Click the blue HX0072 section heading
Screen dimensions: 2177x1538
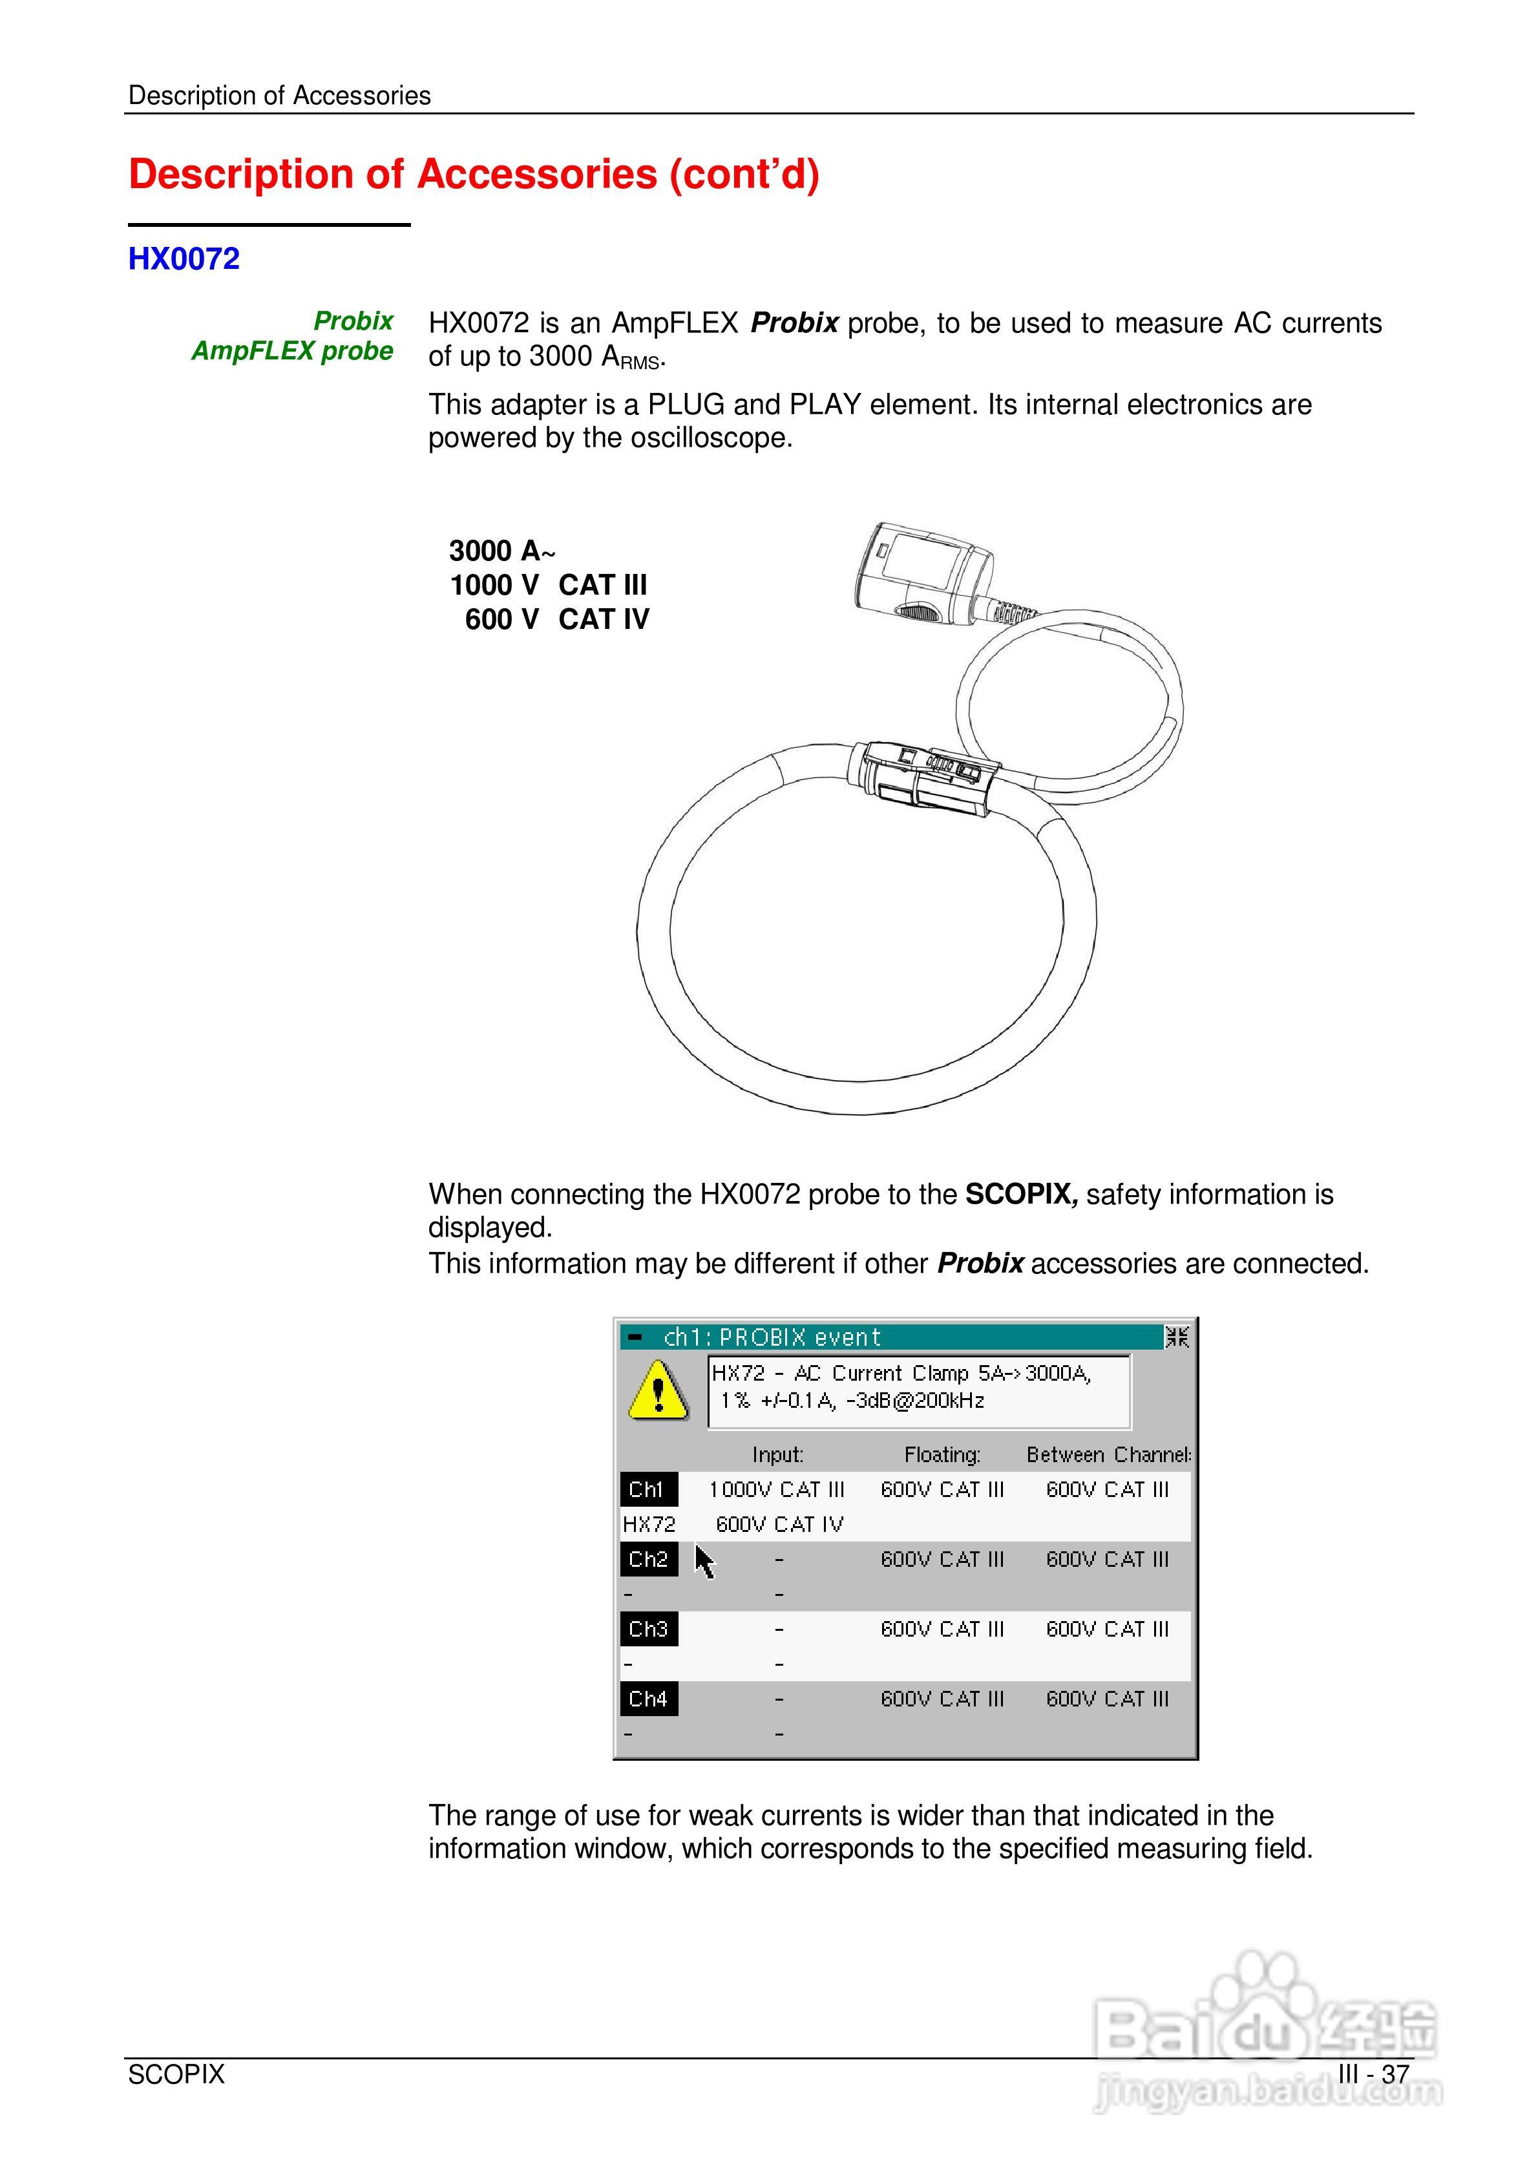(184, 259)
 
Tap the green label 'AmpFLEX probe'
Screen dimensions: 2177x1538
(292, 351)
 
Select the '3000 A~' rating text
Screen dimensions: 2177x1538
(501, 551)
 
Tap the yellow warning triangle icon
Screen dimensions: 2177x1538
(658, 1391)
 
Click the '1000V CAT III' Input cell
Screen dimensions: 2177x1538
(777, 1489)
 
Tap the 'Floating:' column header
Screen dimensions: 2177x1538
(942, 1454)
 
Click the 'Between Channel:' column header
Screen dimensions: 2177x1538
(1108, 1454)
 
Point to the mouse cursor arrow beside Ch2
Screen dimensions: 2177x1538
(704, 1562)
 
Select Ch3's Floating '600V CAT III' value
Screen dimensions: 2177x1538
(942, 1629)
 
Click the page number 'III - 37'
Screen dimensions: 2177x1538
(1373, 2075)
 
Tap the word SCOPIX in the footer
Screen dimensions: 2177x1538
(176, 2075)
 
